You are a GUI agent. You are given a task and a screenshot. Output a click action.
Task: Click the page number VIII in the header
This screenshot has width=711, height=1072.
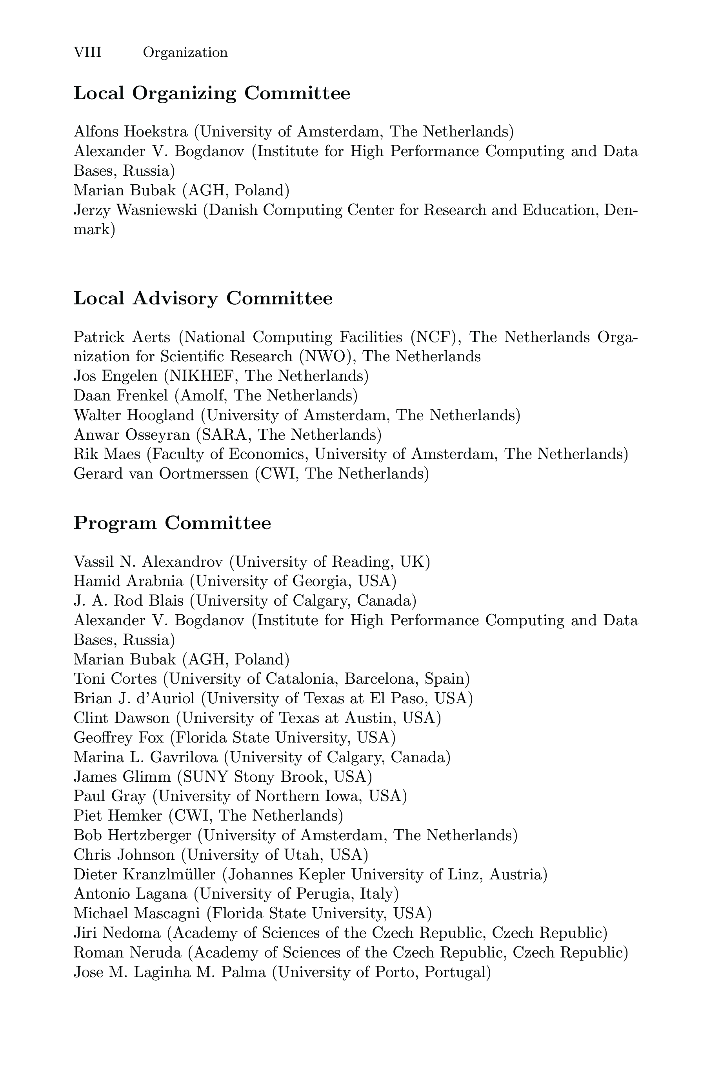(87, 53)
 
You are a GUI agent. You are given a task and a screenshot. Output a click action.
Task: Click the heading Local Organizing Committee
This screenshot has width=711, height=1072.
(212, 93)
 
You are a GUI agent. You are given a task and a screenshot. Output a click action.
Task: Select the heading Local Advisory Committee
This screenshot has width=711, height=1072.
(203, 298)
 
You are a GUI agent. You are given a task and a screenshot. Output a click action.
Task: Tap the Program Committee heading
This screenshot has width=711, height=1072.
(172, 523)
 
